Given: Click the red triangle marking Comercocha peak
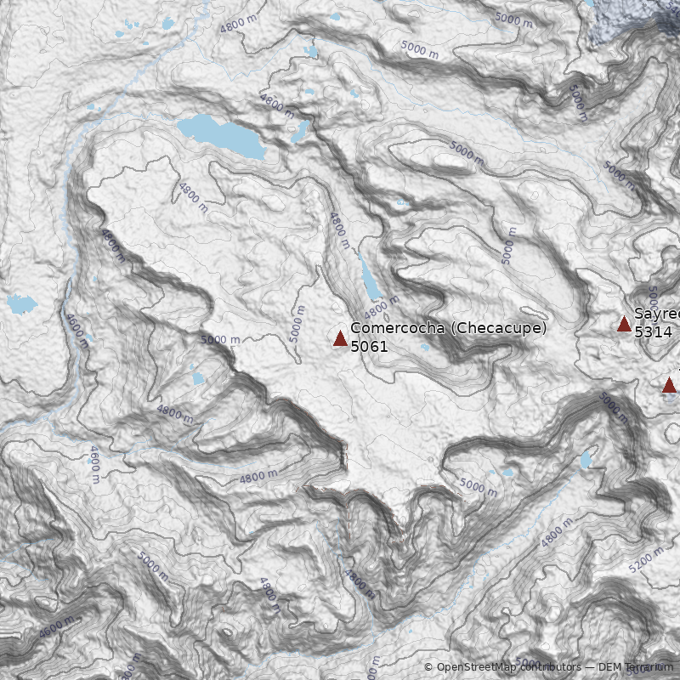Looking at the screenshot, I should [340, 339].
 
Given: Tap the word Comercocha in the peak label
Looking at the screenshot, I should [397, 328].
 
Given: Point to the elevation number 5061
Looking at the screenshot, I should [369, 347].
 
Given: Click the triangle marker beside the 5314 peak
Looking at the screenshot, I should [624, 323].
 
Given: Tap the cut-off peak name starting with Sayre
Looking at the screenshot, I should [656, 314].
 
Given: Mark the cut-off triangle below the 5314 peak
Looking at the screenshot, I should [670, 385].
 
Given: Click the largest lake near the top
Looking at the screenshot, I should [219, 135].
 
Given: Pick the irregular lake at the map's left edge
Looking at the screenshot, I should [21, 303].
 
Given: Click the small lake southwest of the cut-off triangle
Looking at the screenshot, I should [585, 461].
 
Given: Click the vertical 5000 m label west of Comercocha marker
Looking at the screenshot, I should [297, 324].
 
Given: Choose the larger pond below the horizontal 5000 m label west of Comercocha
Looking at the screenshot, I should [198, 378].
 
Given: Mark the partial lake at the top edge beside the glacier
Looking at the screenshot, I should [589, 3].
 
